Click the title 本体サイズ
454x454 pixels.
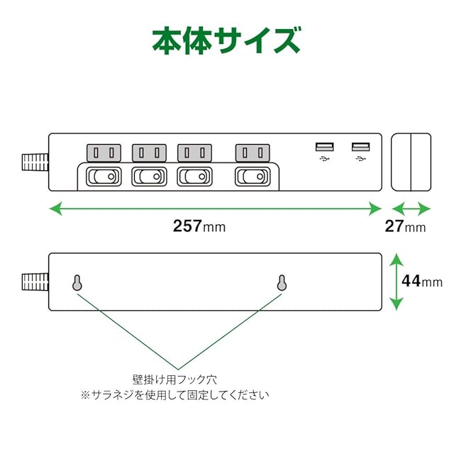coord(226,41)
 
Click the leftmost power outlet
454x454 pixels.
coord(104,153)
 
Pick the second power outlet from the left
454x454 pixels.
coord(148,153)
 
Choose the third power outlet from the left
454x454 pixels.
coord(194,153)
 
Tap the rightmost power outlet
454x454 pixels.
coord(253,153)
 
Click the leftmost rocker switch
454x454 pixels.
coord(104,175)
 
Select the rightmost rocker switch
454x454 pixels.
coord(253,175)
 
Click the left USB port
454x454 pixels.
coord(324,148)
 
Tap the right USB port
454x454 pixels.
coord(360,148)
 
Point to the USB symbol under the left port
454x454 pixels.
coord(324,160)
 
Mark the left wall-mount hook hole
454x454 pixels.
coord(77,283)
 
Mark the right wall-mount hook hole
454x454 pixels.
coord(282,283)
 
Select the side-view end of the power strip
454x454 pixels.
coord(411,162)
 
